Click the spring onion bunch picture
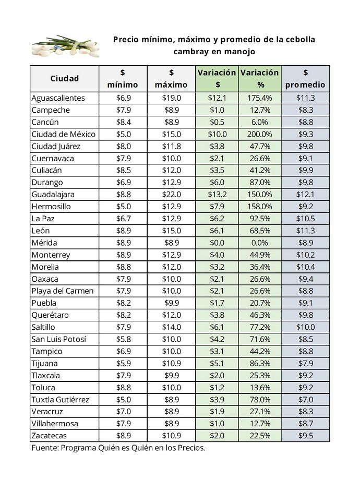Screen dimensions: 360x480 click(x=66, y=46)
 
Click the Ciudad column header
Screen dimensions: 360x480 click(x=65, y=78)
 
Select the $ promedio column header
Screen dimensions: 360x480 click(x=305, y=78)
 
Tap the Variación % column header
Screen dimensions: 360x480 click(x=260, y=78)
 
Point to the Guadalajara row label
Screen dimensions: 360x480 click(x=53, y=195)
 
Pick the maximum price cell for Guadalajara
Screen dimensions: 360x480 click(x=172, y=195)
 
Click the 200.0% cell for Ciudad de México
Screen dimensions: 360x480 click(x=260, y=134)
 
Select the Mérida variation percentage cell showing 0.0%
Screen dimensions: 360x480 click(x=260, y=243)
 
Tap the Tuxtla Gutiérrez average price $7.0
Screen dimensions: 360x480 click(x=306, y=400)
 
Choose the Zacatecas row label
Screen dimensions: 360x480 click(x=49, y=436)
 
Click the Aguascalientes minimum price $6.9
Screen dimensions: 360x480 click(x=123, y=98)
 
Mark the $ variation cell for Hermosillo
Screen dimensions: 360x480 click(x=217, y=206)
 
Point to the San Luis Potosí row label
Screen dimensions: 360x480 click(x=59, y=339)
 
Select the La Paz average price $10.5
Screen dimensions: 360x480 click(x=306, y=219)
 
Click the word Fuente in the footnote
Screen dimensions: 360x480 click(x=45, y=448)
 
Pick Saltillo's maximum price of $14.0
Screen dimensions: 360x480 click(x=172, y=327)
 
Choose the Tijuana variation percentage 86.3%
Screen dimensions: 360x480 click(x=260, y=363)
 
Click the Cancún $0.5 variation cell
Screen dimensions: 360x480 click(x=217, y=122)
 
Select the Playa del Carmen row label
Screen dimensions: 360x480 click(x=63, y=291)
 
